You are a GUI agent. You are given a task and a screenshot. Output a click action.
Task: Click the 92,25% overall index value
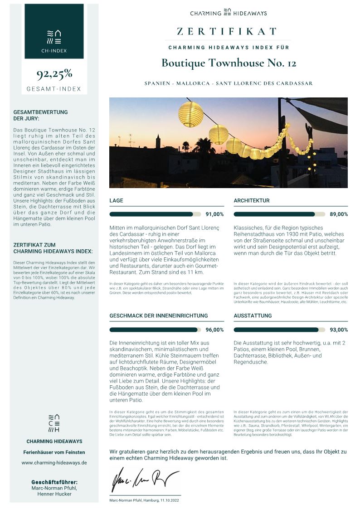[x=54, y=74]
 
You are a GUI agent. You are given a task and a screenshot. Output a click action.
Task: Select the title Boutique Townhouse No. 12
[x=229, y=63]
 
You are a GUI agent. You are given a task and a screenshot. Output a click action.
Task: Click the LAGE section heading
[x=116, y=200]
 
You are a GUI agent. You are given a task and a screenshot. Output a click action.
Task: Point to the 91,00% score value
[x=214, y=214]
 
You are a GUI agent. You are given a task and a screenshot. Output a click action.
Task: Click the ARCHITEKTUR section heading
[x=252, y=200]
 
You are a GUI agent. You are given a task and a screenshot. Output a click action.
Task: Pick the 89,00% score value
[x=339, y=214]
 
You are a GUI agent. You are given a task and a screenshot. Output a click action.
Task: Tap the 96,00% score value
[x=214, y=330]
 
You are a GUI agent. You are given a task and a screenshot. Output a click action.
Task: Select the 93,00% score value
[x=339, y=330]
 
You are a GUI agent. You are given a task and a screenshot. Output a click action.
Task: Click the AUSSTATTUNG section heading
[x=253, y=315]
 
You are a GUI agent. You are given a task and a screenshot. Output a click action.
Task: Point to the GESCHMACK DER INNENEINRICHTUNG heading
[x=159, y=315]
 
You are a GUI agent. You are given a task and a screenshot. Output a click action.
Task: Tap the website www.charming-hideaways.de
[x=54, y=463]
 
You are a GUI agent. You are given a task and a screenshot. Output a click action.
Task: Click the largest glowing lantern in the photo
[x=191, y=114]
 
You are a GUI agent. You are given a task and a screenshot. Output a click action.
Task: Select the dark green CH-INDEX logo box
[x=54, y=31]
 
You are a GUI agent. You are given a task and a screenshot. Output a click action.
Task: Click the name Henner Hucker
[x=54, y=494]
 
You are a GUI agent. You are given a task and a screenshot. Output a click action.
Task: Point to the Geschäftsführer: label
[x=54, y=482]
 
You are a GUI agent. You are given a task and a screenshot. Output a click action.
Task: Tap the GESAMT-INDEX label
[x=54, y=89]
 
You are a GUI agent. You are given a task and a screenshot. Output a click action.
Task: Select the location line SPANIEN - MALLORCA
[x=229, y=83]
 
